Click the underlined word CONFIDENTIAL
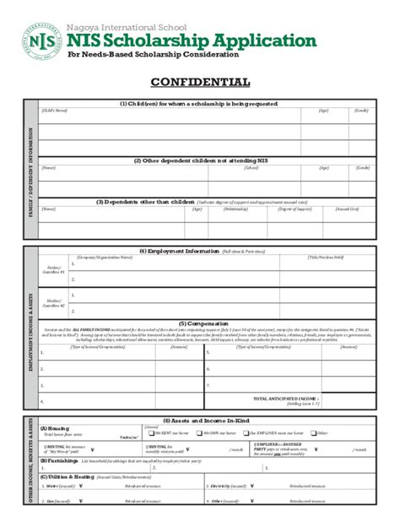point(200,83)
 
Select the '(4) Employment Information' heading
point(179,251)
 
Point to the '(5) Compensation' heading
point(200,322)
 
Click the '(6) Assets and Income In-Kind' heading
point(200,420)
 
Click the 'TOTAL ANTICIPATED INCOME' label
point(283,397)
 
